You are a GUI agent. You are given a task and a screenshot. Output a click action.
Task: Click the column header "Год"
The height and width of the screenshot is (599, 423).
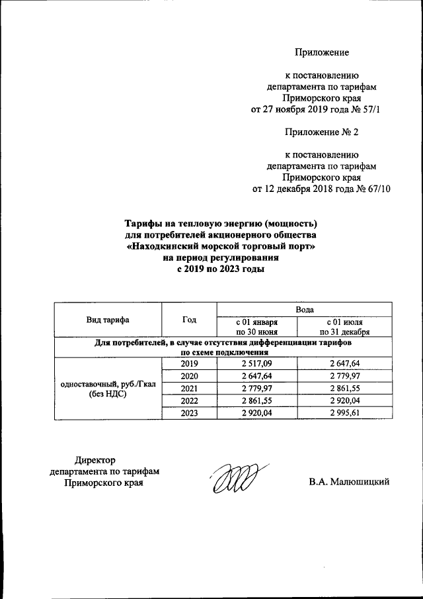click(189, 320)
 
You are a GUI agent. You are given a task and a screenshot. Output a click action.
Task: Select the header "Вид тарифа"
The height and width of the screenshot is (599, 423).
click(108, 320)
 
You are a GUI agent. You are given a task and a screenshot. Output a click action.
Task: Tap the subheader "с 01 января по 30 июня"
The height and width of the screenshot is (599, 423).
click(257, 326)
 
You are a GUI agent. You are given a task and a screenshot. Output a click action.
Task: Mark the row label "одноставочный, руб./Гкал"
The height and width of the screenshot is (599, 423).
click(108, 383)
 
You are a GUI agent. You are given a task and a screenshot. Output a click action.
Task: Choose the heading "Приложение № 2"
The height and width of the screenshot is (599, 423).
click(321, 132)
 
